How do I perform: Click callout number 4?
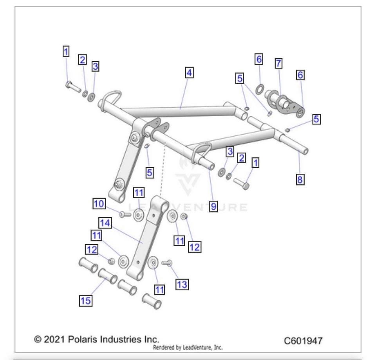click(x=190, y=73)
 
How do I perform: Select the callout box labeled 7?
click(x=278, y=63)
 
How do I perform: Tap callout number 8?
click(x=300, y=180)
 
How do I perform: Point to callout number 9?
click(x=213, y=207)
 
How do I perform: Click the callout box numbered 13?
click(x=182, y=284)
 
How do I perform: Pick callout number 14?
click(x=105, y=223)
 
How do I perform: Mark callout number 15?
click(x=86, y=301)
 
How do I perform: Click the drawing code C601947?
click(x=303, y=340)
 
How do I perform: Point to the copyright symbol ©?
click(x=38, y=339)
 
